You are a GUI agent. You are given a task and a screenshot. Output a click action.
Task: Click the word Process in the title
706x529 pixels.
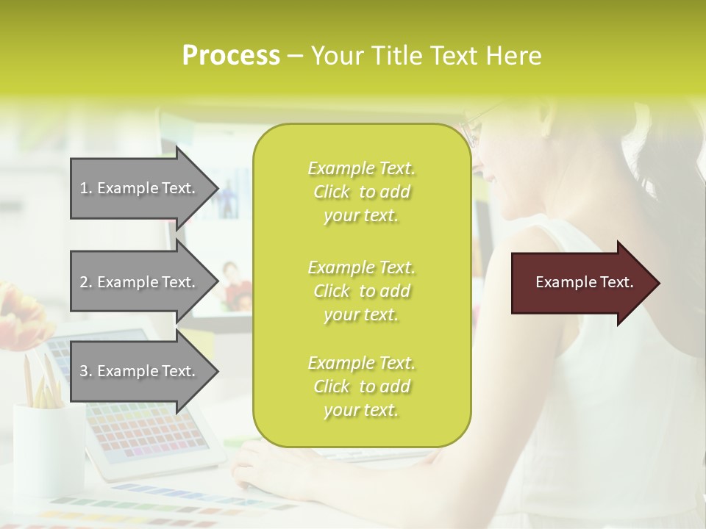[x=231, y=56]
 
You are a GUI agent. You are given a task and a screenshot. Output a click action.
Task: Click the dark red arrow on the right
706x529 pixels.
[x=581, y=283]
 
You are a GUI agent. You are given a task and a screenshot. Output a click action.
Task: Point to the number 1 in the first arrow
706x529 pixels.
[x=84, y=188]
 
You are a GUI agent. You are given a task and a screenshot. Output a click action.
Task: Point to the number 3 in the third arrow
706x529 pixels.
[x=84, y=371]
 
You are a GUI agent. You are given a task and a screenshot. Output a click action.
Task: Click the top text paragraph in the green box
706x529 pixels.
[x=361, y=192]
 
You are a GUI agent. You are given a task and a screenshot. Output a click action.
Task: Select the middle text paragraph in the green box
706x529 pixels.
[x=361, y=290]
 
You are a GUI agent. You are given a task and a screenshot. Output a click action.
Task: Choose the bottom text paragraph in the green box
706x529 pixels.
[x=361, y=386]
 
